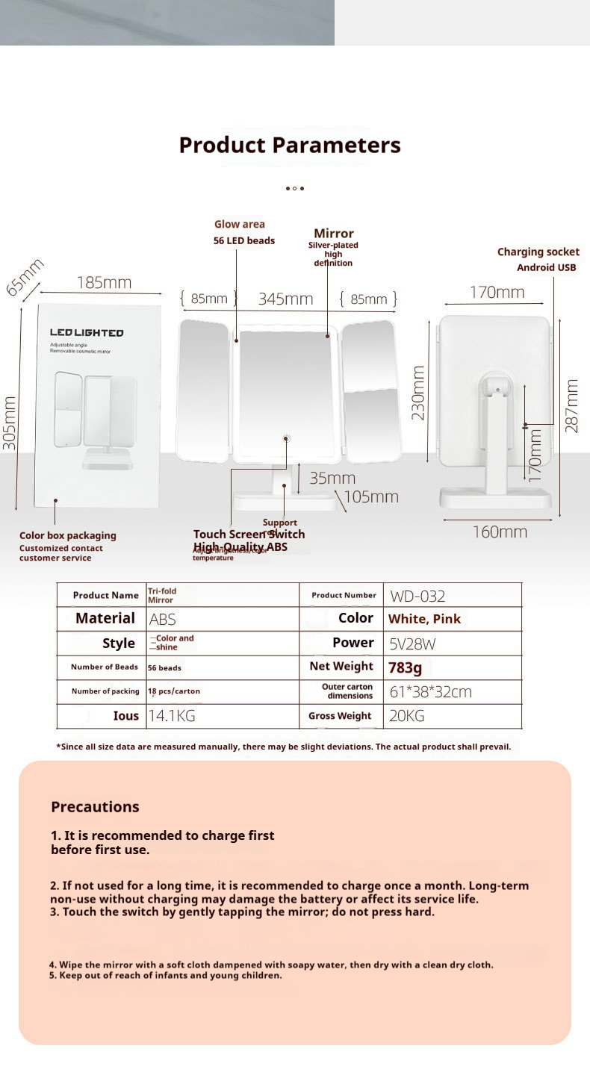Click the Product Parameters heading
[x=290, y=145]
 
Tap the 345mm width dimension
[x=285, y=299]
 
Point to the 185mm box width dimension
[x=104, y=282]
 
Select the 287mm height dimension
[x=572, y=405]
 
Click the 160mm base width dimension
[x=500, y=532]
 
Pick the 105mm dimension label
[x=371, y=496]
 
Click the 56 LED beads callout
[x=244, y=240]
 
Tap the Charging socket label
[x=538, y=252]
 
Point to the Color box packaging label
[x=68, y=535]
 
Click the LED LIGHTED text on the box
[x=87, y=333]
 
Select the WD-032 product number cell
[x=417, y=596]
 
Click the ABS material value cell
[x=163, y=619]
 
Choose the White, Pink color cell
[x=424, y=619]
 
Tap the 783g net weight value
[x=405, y=667]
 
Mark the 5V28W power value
[x=413, y=644]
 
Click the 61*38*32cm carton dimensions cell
[x=430, y=691]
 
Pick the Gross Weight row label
[x=340, y=715]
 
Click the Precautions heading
[x=95, y=806]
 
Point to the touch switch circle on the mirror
[x=286, y=438]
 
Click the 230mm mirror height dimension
[x=418, y=392]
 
